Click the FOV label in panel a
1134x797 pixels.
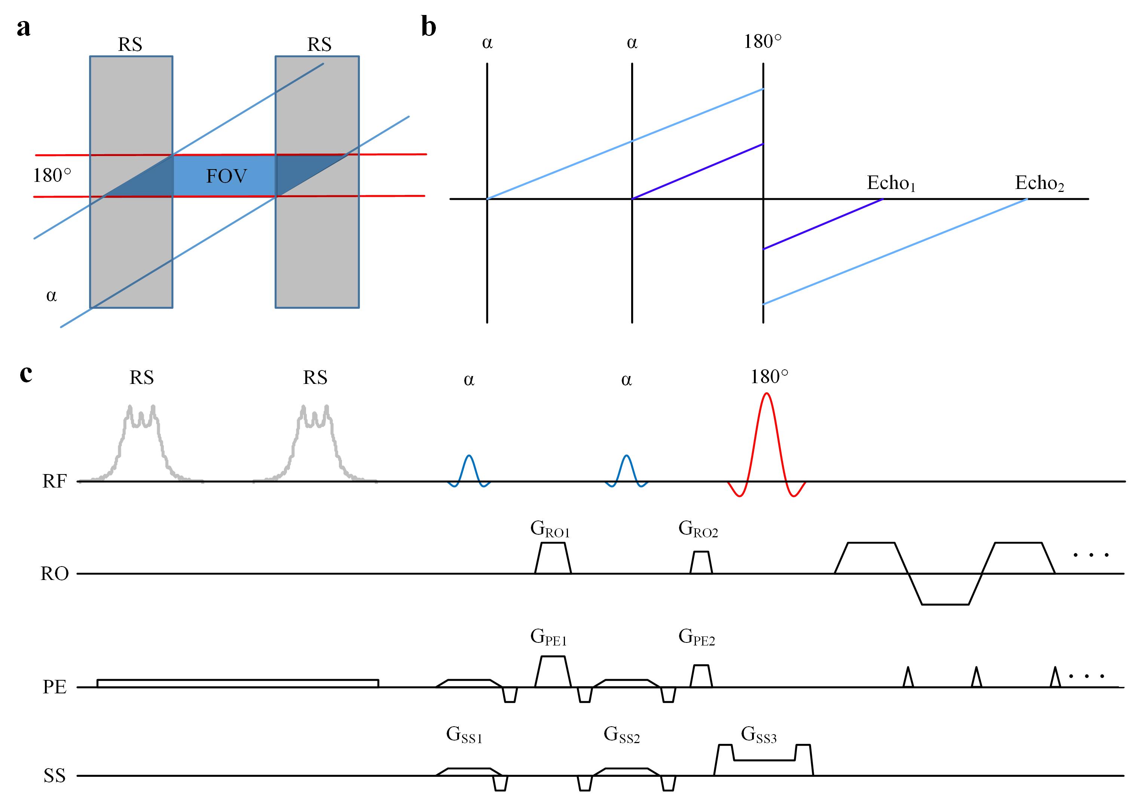coord(226,176)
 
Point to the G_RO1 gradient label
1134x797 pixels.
coord(550,529)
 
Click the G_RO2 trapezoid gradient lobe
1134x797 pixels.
coord(701,563)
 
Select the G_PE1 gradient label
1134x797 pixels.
coord(548,637)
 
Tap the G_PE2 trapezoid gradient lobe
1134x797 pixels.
coord(701,676)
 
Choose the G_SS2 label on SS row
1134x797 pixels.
coord(621,735)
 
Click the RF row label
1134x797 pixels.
coord(54,481)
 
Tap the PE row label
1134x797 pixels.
coord(54,687)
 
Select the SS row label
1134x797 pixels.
coord(54,776)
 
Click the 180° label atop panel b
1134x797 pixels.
coord(762,42)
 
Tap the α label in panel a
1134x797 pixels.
coord(51,296)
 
